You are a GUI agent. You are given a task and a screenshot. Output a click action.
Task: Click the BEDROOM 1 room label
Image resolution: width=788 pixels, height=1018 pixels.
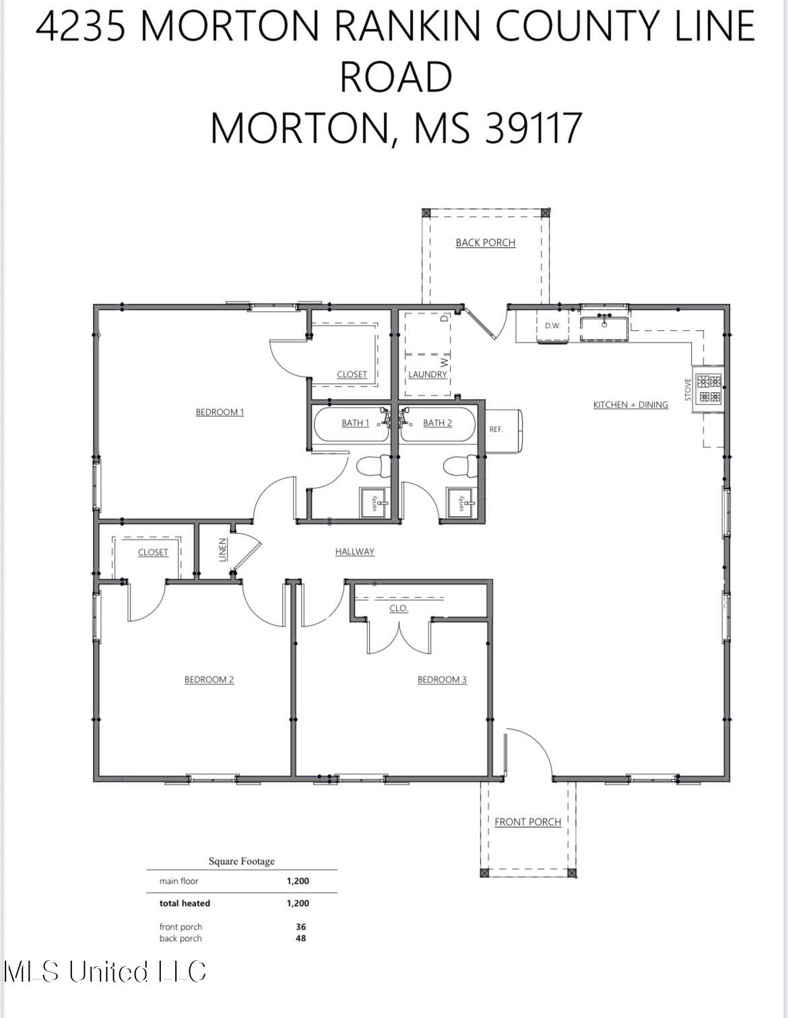pyautogui.click(x=220, y=412)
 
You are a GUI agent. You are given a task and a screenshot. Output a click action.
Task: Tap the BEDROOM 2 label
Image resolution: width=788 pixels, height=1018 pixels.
pyautogui.click(x=209, y=680)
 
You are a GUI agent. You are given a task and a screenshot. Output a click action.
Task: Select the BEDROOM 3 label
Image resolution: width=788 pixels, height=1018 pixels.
pyautogui.click(x=442, y=680)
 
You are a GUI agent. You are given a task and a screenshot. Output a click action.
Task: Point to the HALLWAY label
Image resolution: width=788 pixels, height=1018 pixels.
pyautogui.click(x=354, y=552)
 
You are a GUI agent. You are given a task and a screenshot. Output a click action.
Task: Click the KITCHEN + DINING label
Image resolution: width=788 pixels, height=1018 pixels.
pyautogui.click(x=630, y=405)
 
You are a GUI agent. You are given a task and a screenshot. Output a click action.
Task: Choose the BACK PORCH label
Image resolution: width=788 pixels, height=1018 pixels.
pyautogui.click(x=485, y=243)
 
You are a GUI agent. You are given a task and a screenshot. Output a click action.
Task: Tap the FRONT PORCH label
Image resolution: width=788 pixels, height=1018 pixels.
pyautogui.click(x=527, y=822)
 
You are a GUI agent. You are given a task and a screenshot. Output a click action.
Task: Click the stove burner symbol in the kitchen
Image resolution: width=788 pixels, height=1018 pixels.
pyautogui.click(x=709, y=389)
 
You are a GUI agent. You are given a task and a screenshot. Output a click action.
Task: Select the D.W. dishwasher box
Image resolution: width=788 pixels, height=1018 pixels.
pyautogui.click(x=552, y=326)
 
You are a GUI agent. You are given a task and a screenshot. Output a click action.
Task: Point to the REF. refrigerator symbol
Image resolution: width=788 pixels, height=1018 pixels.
pyautogui.click(x=502, y=430)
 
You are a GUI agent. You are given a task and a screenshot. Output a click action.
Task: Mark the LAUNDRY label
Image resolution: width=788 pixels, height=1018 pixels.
pyautogui.click(x=427, y=375)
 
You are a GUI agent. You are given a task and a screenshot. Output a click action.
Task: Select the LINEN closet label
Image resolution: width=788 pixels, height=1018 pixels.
pyautogui.click(x=223, y=550)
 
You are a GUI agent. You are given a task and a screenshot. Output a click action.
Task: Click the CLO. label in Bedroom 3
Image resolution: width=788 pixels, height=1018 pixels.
pyautogui.click(x=398, y=608)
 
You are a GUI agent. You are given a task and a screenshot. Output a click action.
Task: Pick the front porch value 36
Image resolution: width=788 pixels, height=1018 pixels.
pyautogui.click(x=300, y=927)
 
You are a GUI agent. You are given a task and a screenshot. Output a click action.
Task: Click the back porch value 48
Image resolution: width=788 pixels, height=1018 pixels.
pyautogui.click(x=300, y=939)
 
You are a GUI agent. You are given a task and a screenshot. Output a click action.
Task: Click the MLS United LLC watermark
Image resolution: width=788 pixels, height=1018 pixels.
pyautogui.click(x=105, y=972)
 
